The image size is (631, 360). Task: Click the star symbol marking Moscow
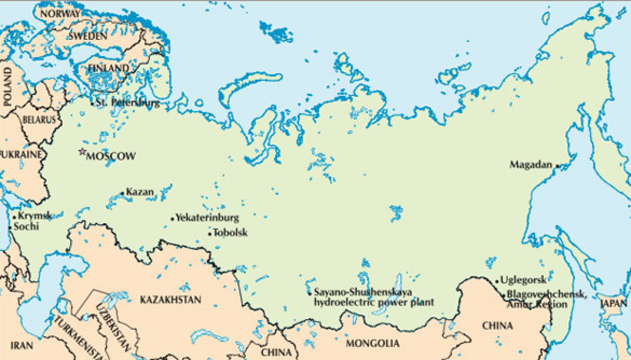(x=83, y=151)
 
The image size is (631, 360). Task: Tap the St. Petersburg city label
(x=128, y=103)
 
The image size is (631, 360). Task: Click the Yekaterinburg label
(x=207, y=217)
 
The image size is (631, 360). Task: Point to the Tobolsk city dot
(x=210, y=233)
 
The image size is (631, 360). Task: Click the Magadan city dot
(x=557, y=165)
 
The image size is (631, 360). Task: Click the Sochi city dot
(x=10, y=227)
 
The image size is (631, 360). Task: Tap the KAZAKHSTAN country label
(x=171, y=300)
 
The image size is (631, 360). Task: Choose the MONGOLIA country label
(x=373, y=344)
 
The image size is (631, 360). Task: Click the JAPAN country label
(x=614, y=304)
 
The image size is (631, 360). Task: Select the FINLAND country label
(x=109, y=68)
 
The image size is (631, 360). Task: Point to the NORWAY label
(x=60, y=13)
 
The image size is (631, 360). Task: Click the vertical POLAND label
(x=7, y=87)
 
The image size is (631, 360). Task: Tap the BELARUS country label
(x=39, y=120)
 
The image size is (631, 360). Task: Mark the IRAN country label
(x=22, y=345)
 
